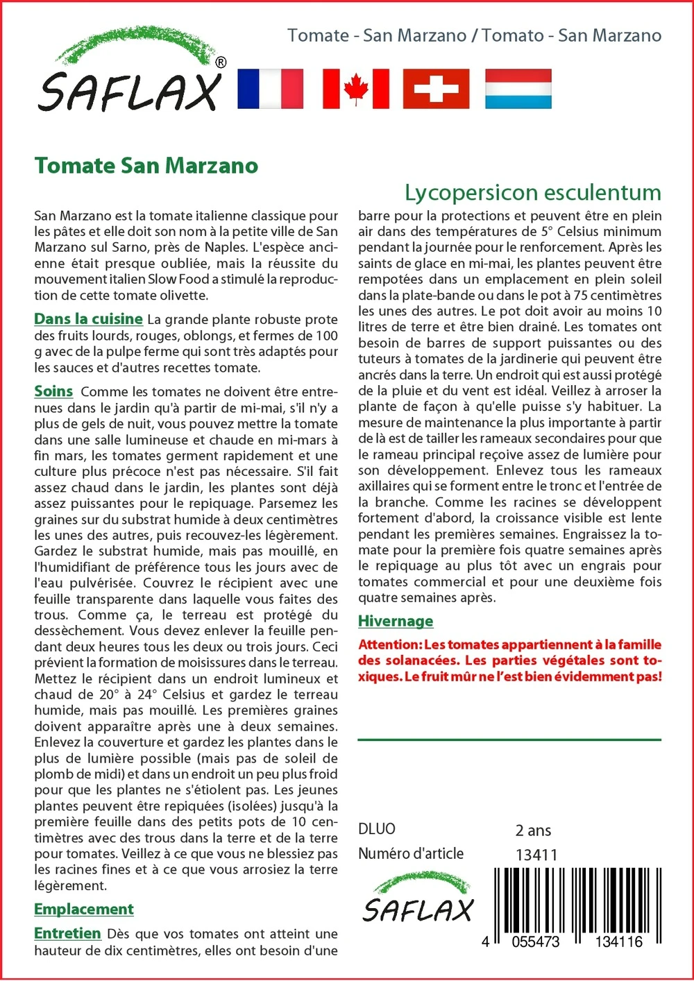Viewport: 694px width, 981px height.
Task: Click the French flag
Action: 270,89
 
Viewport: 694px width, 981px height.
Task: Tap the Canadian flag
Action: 355,89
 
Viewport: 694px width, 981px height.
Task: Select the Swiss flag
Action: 436,89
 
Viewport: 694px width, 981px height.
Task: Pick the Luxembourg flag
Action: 518,89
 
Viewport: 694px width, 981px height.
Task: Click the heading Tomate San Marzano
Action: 146,166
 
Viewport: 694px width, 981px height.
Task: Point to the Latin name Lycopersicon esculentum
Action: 532,192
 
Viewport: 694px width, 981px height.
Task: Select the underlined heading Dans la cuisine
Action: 88,319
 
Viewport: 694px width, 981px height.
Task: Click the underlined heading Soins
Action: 53,391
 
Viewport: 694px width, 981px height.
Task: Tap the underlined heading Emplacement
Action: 84,909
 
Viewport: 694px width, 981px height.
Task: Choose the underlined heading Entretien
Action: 67,933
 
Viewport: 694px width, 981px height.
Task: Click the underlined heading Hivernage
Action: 396,621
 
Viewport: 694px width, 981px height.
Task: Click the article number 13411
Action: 536,855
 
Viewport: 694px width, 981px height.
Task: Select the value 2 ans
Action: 533,830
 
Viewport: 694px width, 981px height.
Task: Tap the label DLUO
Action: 377,829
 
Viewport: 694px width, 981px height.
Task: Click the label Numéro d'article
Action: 411,854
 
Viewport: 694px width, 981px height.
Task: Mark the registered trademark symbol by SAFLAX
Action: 221,62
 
